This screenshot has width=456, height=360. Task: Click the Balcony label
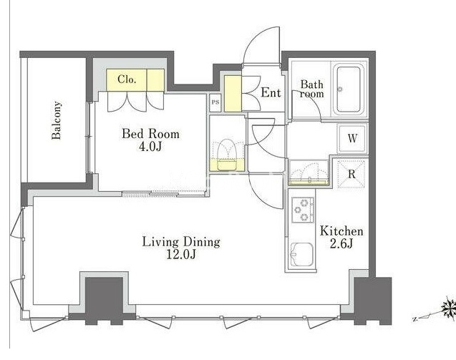pos(57,120)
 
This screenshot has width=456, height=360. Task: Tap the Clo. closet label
pos(127,79)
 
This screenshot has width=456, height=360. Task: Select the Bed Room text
pos(150,134)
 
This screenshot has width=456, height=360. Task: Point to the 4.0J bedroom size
pos(150,147)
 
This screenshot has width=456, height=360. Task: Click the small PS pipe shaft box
pos(215,102)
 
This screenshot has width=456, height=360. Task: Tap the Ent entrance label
pos(271,93)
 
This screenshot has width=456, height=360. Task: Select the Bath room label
pos(312,89)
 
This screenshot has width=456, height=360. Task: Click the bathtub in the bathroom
pos(349,90)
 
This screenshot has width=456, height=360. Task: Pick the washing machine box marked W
pos(352,138)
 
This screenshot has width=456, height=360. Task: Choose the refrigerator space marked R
pos(351,174)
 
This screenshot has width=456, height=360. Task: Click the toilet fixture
pos(227,155)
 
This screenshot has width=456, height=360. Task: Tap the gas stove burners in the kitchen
pos(303,210)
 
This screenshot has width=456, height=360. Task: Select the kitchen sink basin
pos(302,255)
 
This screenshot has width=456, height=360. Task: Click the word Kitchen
pos(341,231)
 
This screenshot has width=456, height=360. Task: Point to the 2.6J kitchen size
pos(341,244)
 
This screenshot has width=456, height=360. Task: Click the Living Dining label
pos(181,242)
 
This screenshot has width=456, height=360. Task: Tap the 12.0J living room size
pos(180,255)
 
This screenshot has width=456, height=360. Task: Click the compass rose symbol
pos(448,308)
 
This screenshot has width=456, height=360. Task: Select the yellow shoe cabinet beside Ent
pos(233,94)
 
